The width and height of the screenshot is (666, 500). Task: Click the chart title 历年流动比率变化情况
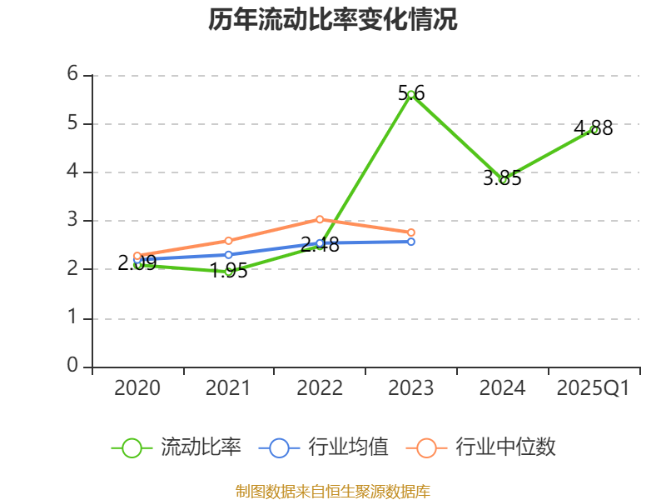(333, 19)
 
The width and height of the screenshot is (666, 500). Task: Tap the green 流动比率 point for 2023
(411, 94)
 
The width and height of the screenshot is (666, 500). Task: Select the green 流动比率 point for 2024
(503, 179)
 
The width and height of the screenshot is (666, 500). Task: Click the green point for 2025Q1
(594, 129)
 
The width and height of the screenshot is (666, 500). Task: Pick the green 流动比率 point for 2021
(229, 272)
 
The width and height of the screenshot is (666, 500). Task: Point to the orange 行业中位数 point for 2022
(320, 219)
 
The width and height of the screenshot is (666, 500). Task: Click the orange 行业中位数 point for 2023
(411, 232)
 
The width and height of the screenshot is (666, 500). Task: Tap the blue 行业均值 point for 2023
(411, 242)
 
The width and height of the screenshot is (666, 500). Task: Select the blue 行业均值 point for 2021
(229, 254)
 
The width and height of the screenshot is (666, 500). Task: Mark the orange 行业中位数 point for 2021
(229, 241)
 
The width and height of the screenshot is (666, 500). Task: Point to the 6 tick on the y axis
(73, 74)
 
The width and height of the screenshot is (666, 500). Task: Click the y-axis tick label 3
(73, 221)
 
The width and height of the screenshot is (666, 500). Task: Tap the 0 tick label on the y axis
(73, 367)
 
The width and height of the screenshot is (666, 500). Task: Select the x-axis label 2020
(137, 388)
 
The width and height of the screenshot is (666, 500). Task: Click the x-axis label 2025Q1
(594, 388)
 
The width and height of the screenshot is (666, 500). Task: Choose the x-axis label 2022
(320, 388)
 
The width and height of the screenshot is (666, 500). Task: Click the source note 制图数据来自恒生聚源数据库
(333, 492)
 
